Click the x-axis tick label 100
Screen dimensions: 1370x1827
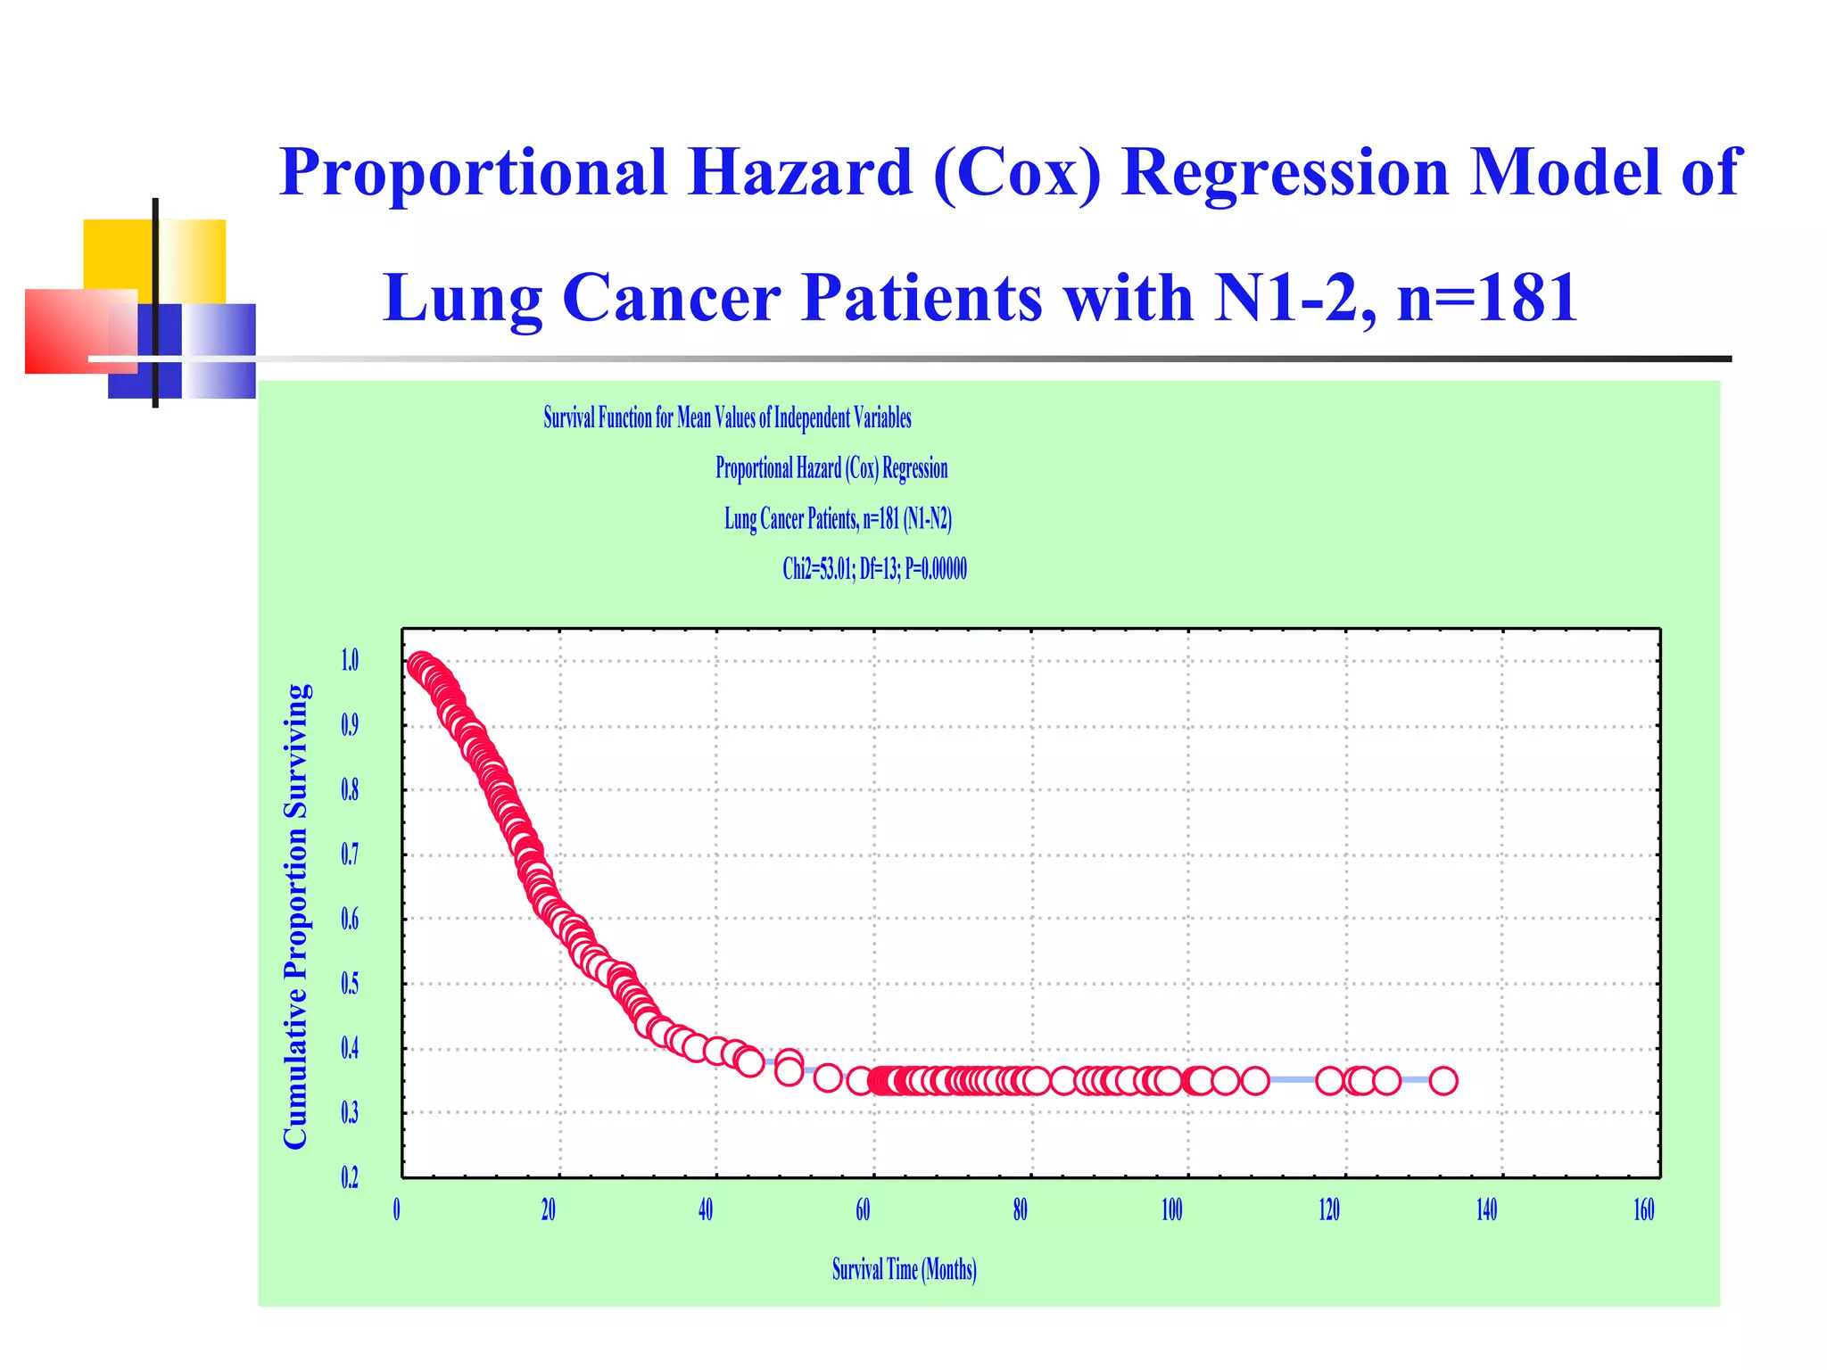[x=1171, y=1210]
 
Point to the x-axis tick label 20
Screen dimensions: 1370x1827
[x=549, y=1210]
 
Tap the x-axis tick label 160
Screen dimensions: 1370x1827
[x=1643, y=1210]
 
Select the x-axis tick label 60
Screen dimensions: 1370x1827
[x=863, y=1210]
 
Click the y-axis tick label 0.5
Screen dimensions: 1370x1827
[x=350, y=984]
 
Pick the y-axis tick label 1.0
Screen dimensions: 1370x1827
[x=350, y=660]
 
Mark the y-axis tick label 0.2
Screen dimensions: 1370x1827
[x=350, y=1178]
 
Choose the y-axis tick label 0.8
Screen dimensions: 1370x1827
[x=350, y=790]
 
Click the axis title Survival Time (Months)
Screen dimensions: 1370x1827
[x=904, y=1269]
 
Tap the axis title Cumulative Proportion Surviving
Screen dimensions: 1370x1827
[x=295, y=916]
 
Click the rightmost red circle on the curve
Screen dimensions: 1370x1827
[x=1443, y=1081]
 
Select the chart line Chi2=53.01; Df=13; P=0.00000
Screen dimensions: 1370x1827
[x=874, y=569]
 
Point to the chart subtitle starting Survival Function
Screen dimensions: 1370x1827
[x=727, y=417]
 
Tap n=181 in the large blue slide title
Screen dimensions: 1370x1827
[x=1487, y=298]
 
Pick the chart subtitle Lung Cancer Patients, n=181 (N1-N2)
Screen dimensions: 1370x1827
[x=838, y=519]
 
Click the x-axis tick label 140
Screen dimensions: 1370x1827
[x=1486, y=1210]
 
